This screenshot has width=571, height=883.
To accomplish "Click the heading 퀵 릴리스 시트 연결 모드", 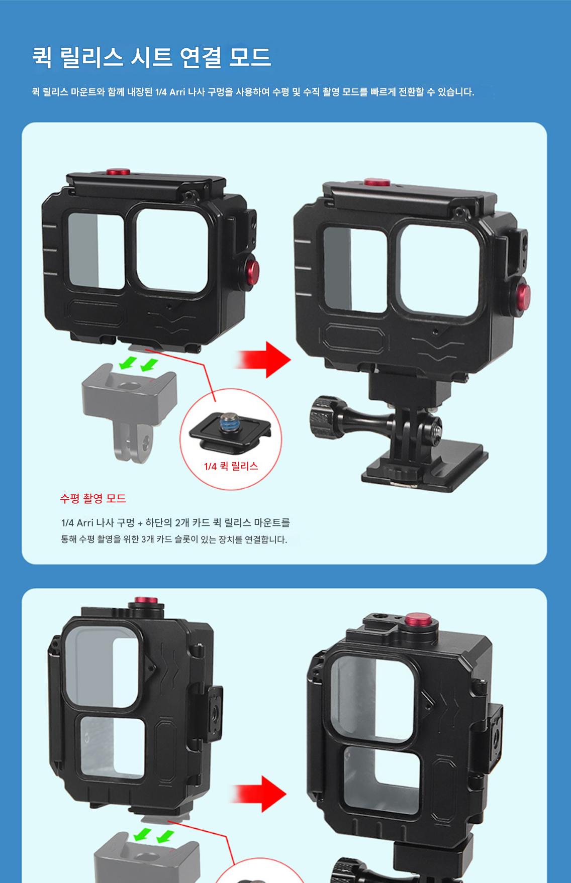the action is coord(151,57).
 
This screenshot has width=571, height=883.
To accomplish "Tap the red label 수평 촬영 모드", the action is coord(93,498).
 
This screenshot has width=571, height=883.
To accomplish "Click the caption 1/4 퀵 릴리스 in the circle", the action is coord(231,466).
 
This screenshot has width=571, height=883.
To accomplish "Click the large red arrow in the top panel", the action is coord(263,360).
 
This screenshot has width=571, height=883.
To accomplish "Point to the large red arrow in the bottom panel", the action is coord(261,794).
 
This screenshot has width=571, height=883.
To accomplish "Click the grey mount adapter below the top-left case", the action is coord(130,402).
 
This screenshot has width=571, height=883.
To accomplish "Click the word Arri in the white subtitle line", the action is coord(176,92).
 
